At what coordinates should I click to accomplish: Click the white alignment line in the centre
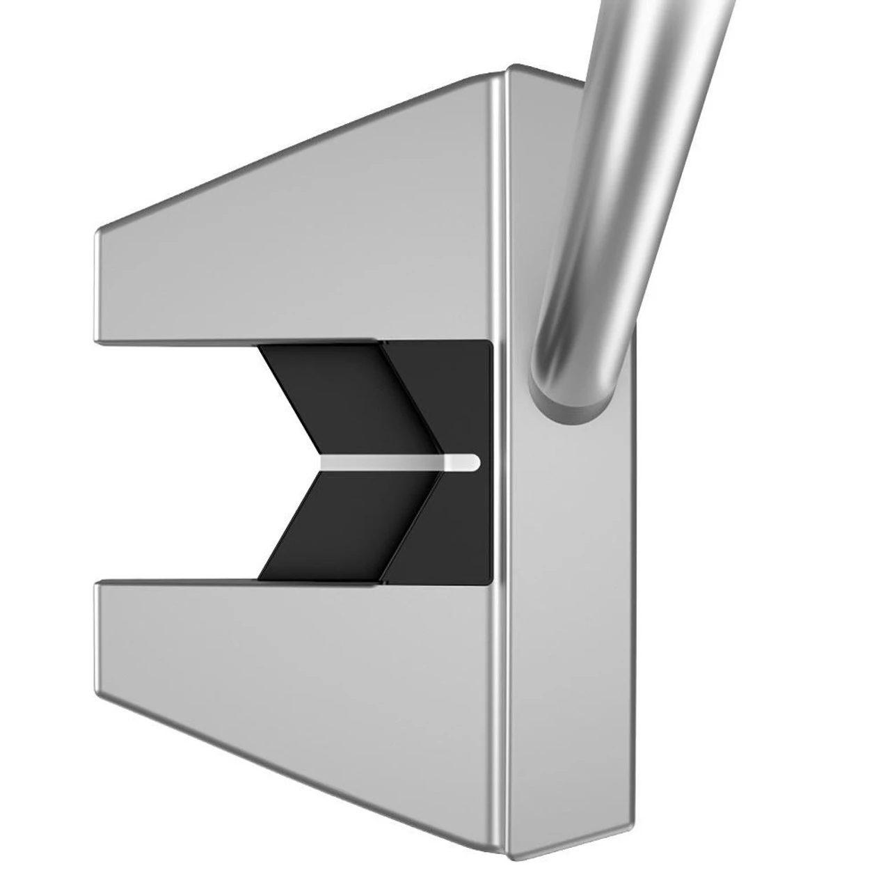tap(397, 462)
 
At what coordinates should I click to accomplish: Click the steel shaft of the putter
tap(626, 174)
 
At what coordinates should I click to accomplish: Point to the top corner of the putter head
tap(511, 69)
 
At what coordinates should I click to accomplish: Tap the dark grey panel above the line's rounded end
tap(459, 397)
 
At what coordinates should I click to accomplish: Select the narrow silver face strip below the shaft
tap(578, 626)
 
